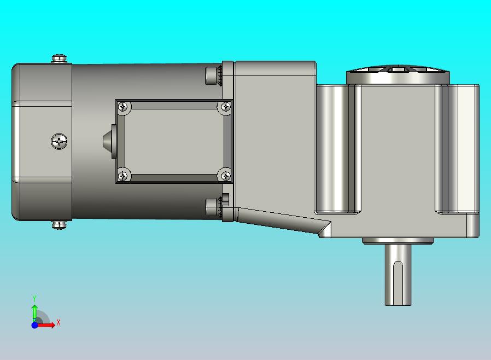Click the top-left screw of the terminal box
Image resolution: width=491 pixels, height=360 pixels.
click(124, 107)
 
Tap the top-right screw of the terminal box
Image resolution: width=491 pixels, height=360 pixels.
click(225, 107)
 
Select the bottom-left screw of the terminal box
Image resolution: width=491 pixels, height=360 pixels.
click(124, 176)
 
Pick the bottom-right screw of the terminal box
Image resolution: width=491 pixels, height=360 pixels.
click(225, 176)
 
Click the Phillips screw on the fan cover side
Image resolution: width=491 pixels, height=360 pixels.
click(59, 142)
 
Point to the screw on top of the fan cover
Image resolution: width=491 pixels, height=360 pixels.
click(59, 59)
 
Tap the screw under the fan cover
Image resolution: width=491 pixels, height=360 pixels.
click(59, 225)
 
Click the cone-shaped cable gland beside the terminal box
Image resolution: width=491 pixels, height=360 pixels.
click(109, 141)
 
